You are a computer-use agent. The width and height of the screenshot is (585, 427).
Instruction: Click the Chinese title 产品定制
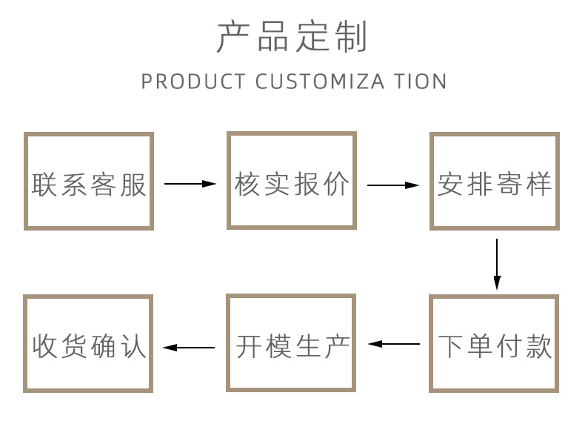point(292,37)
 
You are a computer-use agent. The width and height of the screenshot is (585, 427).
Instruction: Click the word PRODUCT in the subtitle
point(193,82)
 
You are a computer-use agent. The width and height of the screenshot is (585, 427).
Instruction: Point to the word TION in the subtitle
point(421,82)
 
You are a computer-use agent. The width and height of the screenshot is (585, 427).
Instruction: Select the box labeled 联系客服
point(89,181)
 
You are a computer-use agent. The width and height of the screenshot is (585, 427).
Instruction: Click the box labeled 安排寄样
point(495,181)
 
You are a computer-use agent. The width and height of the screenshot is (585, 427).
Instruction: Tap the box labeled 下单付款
point(495,344)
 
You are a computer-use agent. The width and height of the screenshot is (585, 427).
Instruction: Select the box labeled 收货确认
point(89,344)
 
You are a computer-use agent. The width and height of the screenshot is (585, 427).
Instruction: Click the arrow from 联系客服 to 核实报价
point(190,184)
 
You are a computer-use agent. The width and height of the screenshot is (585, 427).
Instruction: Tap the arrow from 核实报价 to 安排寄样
point(393,185)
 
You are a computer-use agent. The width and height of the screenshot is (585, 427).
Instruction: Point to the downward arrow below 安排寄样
point(497,264)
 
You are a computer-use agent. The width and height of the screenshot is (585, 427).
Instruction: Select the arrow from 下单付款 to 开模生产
point(394,344)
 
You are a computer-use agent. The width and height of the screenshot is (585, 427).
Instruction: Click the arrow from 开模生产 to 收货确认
point(190,347)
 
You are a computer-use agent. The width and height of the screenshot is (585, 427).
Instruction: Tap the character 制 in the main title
point(351,37)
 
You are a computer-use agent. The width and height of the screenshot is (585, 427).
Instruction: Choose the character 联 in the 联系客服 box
point(45,184)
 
